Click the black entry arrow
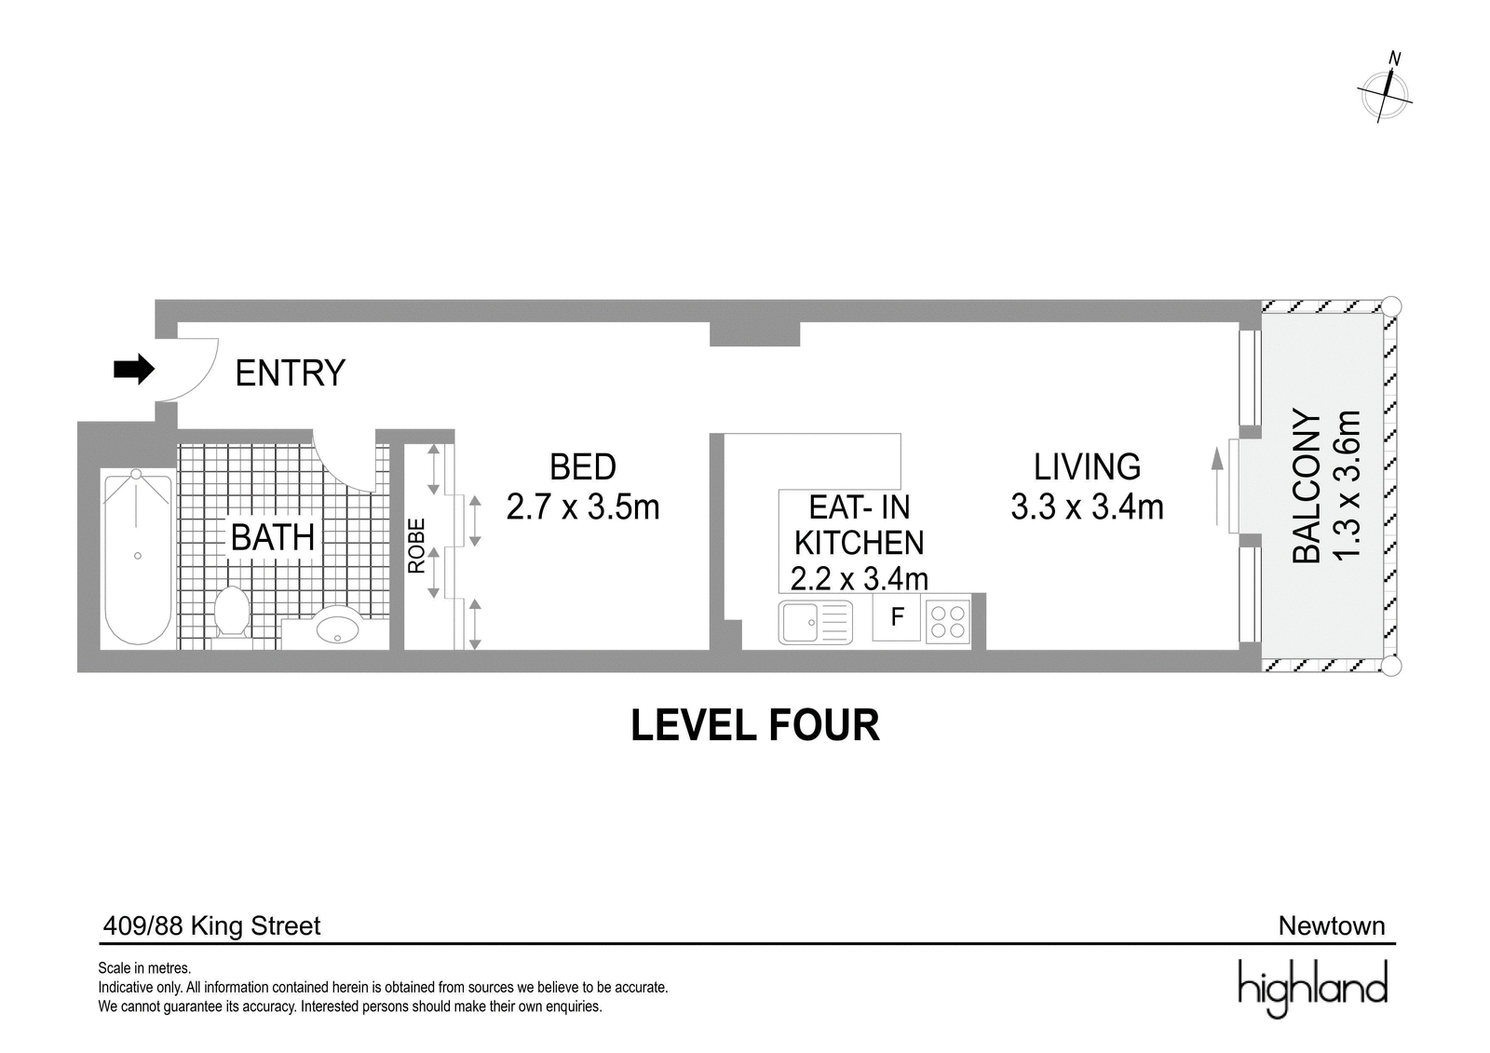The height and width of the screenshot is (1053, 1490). (x=134, y=370)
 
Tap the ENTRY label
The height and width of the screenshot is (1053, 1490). (x=290, y=372)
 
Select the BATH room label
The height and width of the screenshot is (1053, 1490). (x=273, y=537)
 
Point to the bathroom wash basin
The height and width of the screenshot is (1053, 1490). (x=337, y=627)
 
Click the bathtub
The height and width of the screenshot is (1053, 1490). (x=138, y=558)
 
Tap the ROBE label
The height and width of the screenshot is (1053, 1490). (x=416, y=546)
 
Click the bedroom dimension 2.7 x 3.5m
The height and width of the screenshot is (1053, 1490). (x=583, y=507)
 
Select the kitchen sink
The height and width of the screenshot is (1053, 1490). (x=816, y=623)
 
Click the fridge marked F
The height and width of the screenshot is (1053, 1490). (x=897, y=617)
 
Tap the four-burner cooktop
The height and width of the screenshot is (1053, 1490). (x=947, y=621)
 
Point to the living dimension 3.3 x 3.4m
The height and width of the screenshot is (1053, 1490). (x=1087, y=507)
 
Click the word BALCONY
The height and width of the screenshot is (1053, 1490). (x=1307, y=487)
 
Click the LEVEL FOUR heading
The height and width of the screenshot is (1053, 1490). (x=755, y=725)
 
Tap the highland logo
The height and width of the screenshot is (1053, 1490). (x=1313, y=988)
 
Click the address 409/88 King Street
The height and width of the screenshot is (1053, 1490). (x=211, y=926)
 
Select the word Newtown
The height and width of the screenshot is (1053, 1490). (x=1332, y=926)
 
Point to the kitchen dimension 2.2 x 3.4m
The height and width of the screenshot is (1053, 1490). (x=859, y=579)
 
